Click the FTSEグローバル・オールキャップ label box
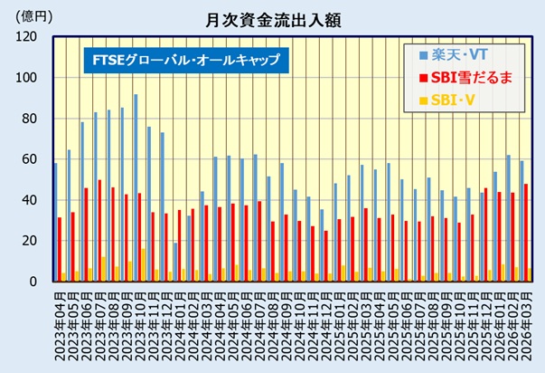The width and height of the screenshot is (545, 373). click(185, 62)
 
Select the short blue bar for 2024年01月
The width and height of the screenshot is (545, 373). click(175, 262)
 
